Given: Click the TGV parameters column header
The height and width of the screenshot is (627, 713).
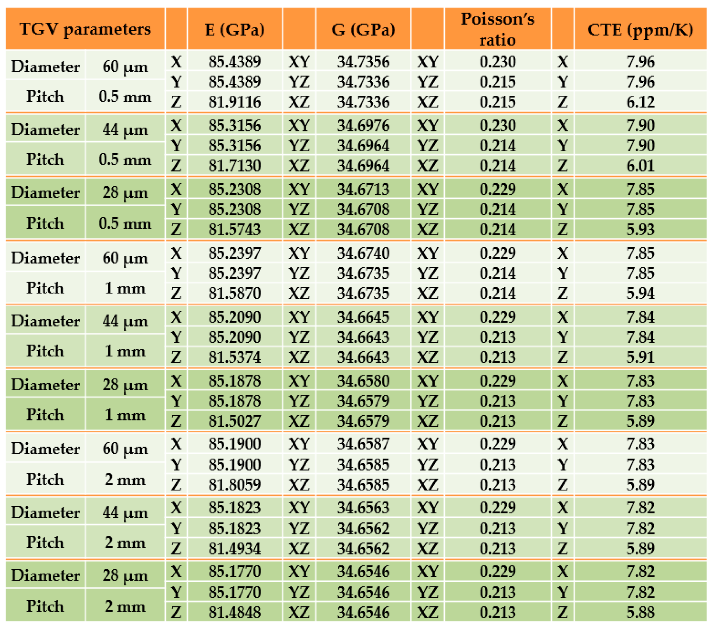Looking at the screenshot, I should coord(85,29).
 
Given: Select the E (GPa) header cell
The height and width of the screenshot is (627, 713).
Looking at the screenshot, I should coord(234,29).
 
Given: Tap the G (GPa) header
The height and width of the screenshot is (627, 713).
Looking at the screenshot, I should coord(363,29).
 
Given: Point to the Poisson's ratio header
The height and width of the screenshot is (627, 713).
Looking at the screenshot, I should coord(497,29).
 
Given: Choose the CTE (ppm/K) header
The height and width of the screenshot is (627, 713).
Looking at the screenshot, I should coord(640,29).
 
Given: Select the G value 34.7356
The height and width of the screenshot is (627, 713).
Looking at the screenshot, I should coord(363,62).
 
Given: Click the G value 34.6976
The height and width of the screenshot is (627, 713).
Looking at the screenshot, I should coord(363,125).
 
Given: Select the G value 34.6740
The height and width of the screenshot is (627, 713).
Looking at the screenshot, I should coord(363,253).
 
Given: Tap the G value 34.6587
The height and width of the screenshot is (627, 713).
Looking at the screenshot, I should coord(363,444).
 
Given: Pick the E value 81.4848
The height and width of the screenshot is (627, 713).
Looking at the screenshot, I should coord(234,612).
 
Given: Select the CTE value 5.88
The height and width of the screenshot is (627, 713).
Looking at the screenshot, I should coord(640,612).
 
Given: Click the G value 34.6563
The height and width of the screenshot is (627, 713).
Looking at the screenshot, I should coord(363,508).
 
